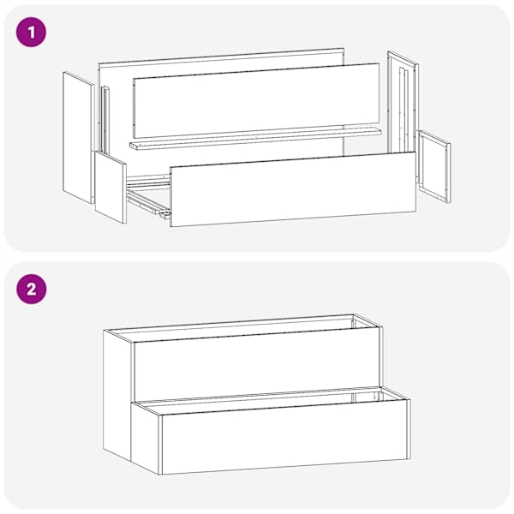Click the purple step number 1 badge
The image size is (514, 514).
point(32,33)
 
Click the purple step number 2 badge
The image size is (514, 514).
point(32,290)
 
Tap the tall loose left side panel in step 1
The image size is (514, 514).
point(77,137)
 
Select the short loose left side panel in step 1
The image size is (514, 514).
point(111,187)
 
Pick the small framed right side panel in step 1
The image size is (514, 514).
point(434,166)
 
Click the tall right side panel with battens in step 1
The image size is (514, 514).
point(403,105)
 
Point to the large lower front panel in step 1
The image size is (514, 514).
point(293,188)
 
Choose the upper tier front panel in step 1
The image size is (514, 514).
point(256,100)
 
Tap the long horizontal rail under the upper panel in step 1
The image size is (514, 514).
point(255,139)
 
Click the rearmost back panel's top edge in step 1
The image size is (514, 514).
point(221,56)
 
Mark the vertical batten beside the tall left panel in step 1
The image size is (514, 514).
point(105,120)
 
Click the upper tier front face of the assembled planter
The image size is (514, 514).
point(257,365)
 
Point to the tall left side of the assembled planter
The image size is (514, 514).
point(117,394)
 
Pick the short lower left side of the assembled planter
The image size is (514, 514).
point(146,438)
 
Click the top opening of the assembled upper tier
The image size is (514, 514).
point(242,328)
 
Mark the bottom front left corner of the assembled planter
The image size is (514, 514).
point(161,475)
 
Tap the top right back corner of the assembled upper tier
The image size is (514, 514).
point(353,314)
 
